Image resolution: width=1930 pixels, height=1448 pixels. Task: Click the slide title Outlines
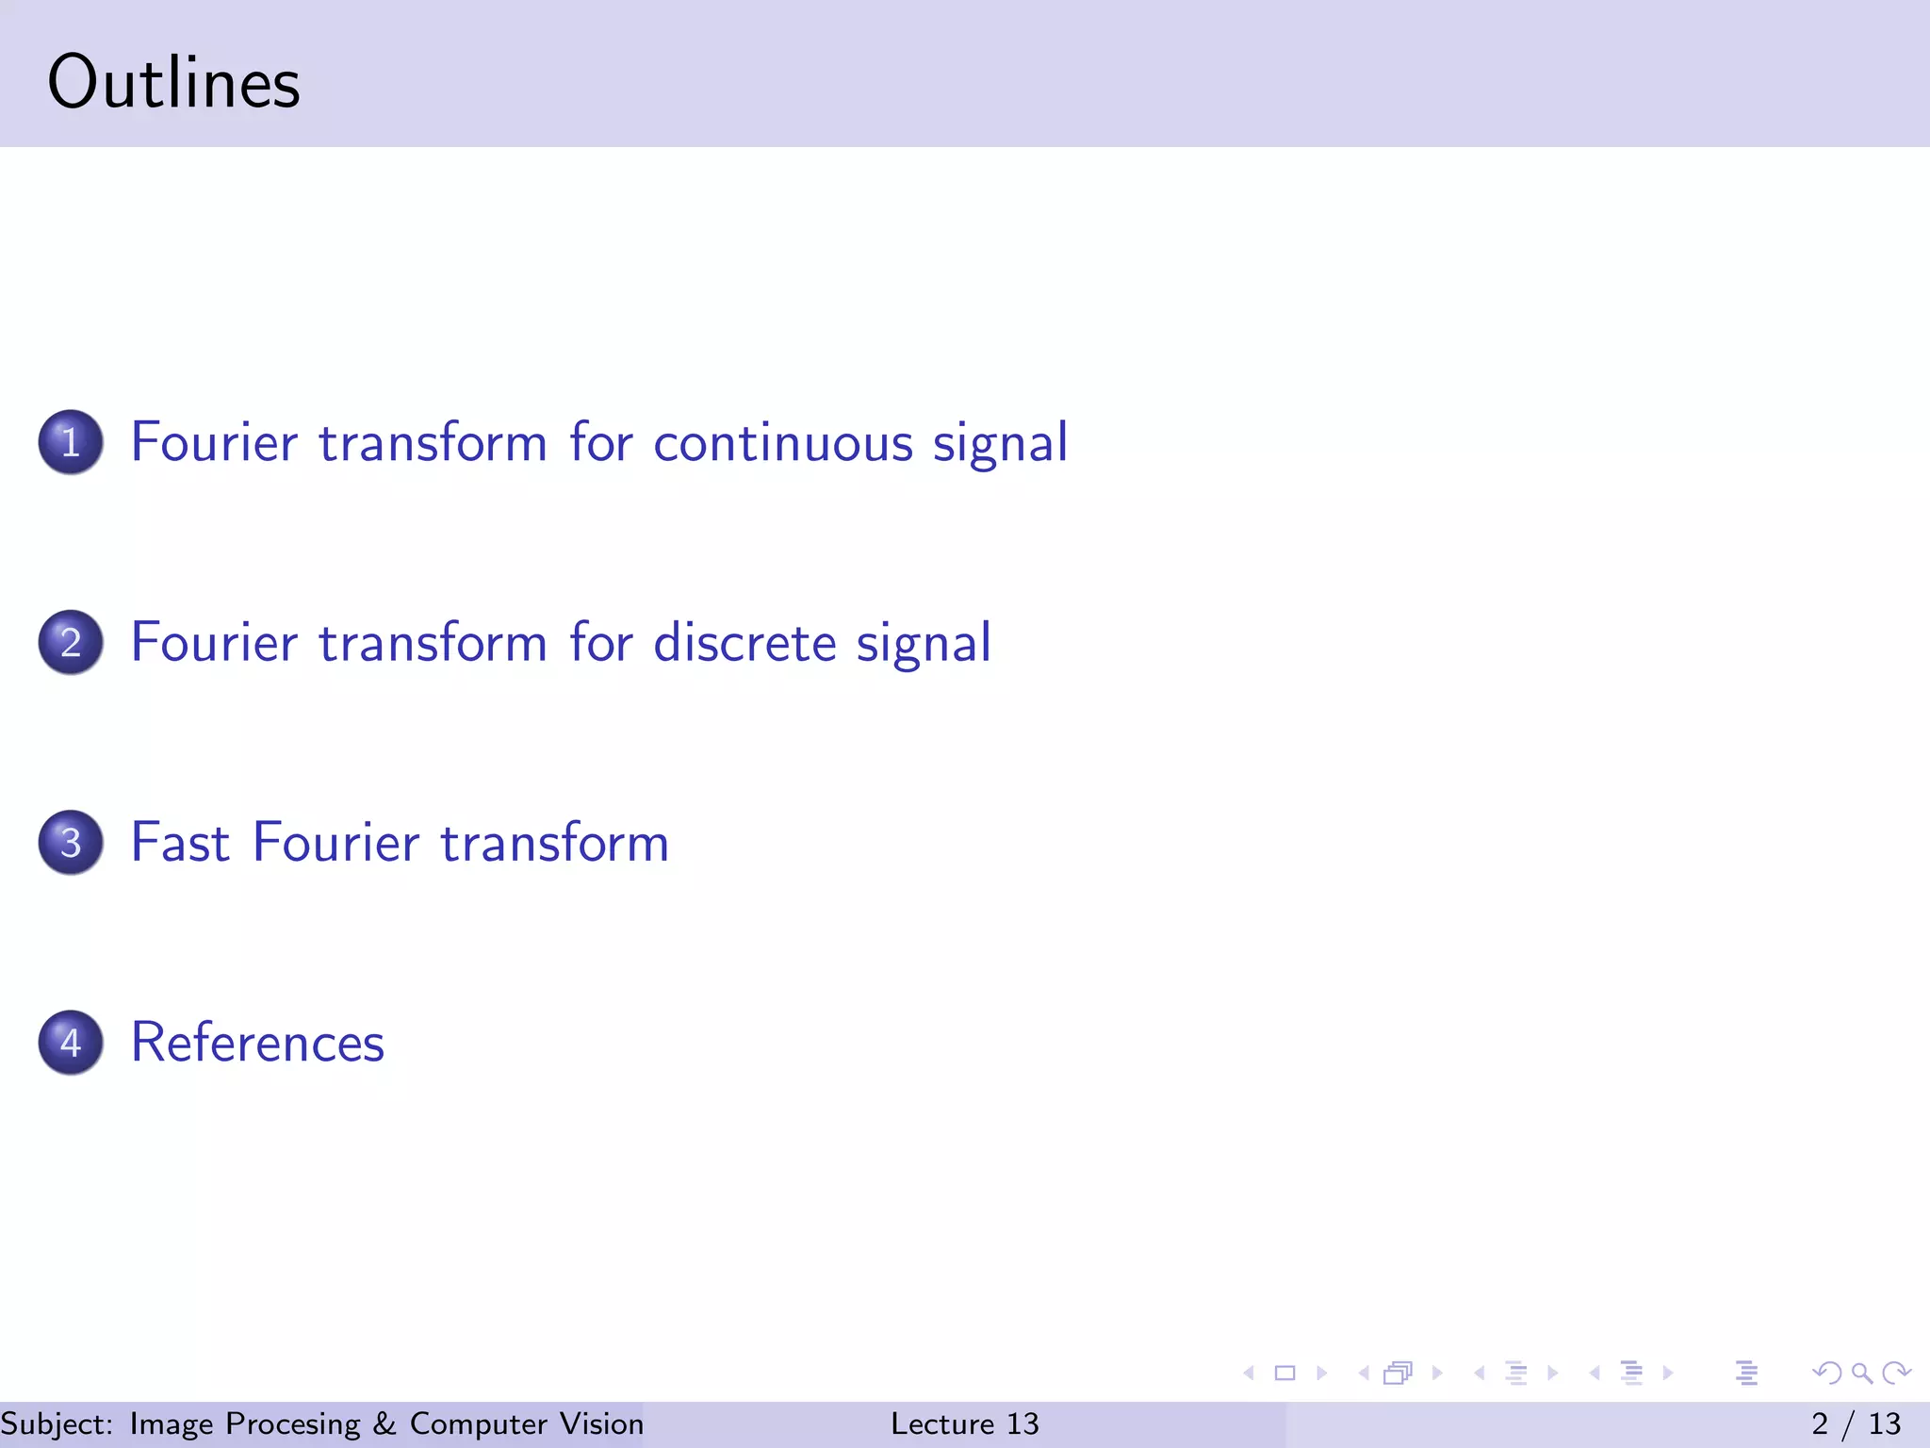coord(173,83)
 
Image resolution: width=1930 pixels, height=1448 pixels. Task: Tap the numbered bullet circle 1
coord(71,442)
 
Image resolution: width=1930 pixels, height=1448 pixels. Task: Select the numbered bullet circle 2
coord(71,642)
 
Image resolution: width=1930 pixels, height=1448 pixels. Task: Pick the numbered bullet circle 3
coord(71,842)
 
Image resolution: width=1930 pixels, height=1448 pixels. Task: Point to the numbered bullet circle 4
coord(71,1042)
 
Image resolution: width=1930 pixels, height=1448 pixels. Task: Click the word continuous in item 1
coord(782,443)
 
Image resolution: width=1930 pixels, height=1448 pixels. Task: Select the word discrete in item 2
coord(744,643)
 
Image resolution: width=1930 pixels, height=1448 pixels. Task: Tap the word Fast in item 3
coord(180,842)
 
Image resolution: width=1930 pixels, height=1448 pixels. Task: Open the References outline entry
coord(257,1043)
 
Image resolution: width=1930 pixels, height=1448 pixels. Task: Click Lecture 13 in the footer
coord(964,1423)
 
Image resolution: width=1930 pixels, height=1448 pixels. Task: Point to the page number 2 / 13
coord(1856,1423)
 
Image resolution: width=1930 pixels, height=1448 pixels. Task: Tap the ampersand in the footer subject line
coord(384,1423)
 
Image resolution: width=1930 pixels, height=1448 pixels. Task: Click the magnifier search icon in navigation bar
coord(1861,1373)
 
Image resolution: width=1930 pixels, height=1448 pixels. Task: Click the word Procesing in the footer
coord(293,1423)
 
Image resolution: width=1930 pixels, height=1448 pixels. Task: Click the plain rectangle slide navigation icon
coord(1284,1373)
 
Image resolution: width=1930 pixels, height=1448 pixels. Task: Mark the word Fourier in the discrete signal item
coord(214,643)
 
